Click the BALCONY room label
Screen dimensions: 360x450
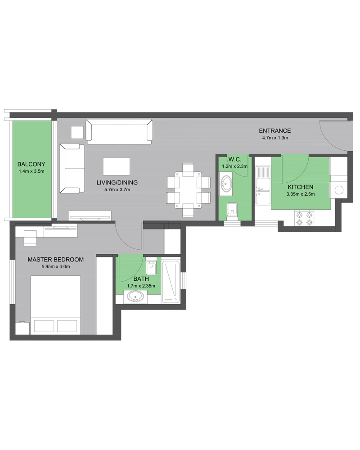click(31, 164)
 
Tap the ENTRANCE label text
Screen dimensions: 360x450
click(275, 131)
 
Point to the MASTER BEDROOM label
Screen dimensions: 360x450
click(56, 260)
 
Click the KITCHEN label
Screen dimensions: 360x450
click(301, 187)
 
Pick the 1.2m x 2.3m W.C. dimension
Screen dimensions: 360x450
click(234, 166)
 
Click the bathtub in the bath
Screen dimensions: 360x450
click(171, 281)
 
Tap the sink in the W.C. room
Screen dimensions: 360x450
click(226, 184)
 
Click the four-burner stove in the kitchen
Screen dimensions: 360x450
click(304, 218)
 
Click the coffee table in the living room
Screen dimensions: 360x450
click(116, 166)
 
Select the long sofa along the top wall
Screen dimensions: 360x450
click(119, 132)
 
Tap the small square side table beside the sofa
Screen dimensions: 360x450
click(77, 132)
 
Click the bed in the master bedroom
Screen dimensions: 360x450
click(55, 305)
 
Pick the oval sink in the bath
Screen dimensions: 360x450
click(135, 297)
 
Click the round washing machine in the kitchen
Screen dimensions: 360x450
click(339, 190)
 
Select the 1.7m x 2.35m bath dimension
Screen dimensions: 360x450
click(141, 286)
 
